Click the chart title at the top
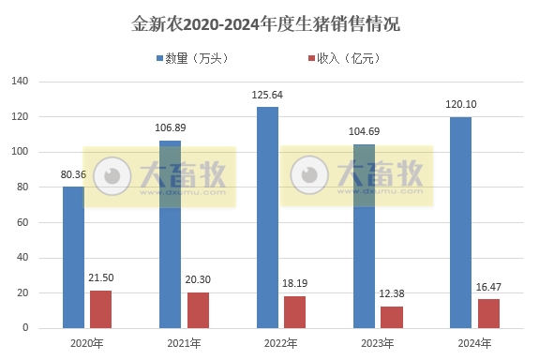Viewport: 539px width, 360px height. pyautogui.click(x=269, y=22)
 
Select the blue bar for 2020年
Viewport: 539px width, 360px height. pyautogui.click(x=74, y=257)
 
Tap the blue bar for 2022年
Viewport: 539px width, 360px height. pyautogui.click(x=268, y=217)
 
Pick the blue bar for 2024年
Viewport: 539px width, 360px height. pyautogui.click(x=461, y=222)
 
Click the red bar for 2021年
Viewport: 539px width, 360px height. pyautogui.click(x=198, y=310)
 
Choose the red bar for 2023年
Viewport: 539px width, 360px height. pyautogui.click(x=392, y=317)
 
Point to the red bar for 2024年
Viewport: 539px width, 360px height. pyautogui.click(x=488, y=313)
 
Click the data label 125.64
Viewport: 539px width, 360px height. pyautogui.click(x=268, y=96)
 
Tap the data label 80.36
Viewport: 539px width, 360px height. pyautogui.click(x=74, y=174)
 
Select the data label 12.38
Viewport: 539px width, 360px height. pyautogui.click(x=392, y=294)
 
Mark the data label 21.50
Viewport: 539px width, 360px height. pyautogui.click(x=101, y=278)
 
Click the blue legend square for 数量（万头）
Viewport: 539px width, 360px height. pyautogui.click(x=158, y=58)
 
